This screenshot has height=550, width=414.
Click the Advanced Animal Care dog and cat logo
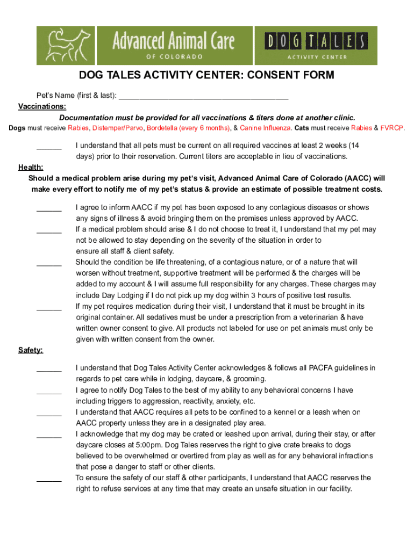[x=66, y=45]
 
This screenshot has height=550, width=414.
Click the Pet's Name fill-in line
[x=203, y=97]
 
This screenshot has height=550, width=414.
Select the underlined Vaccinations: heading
[x=42, y=106]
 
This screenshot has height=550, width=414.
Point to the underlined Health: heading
[x=31, y=167]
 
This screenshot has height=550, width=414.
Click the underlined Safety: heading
[x=31, y=350]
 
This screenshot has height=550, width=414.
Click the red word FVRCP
[x=392, y=128]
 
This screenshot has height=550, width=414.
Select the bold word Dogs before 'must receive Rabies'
[x=18, y=128]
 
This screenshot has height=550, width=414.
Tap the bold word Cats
[x=303, y=128]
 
